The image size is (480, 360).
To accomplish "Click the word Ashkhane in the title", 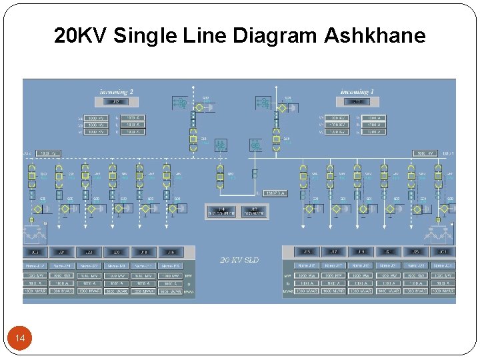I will (x=375, y=35).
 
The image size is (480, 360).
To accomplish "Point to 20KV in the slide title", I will (x=81, y=35).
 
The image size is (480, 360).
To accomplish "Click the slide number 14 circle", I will (x=20, y=339).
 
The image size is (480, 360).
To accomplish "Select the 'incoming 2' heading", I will (x=117, y=91).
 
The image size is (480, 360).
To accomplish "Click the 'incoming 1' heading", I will (x=357, y=91).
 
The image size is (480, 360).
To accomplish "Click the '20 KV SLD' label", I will (x=239, y=259).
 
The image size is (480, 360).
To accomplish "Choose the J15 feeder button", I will (x=307, y=252).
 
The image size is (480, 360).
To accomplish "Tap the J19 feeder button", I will (x=361, y=252).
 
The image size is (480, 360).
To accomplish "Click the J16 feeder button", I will (x=171, y=252).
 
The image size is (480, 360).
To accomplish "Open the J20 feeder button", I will (x=117, y=252).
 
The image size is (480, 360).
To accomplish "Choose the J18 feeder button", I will (x=143, y=252).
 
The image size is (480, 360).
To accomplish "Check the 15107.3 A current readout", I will (x=275, y=193).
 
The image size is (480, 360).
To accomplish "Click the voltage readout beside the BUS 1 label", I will (x=425, y=153).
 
